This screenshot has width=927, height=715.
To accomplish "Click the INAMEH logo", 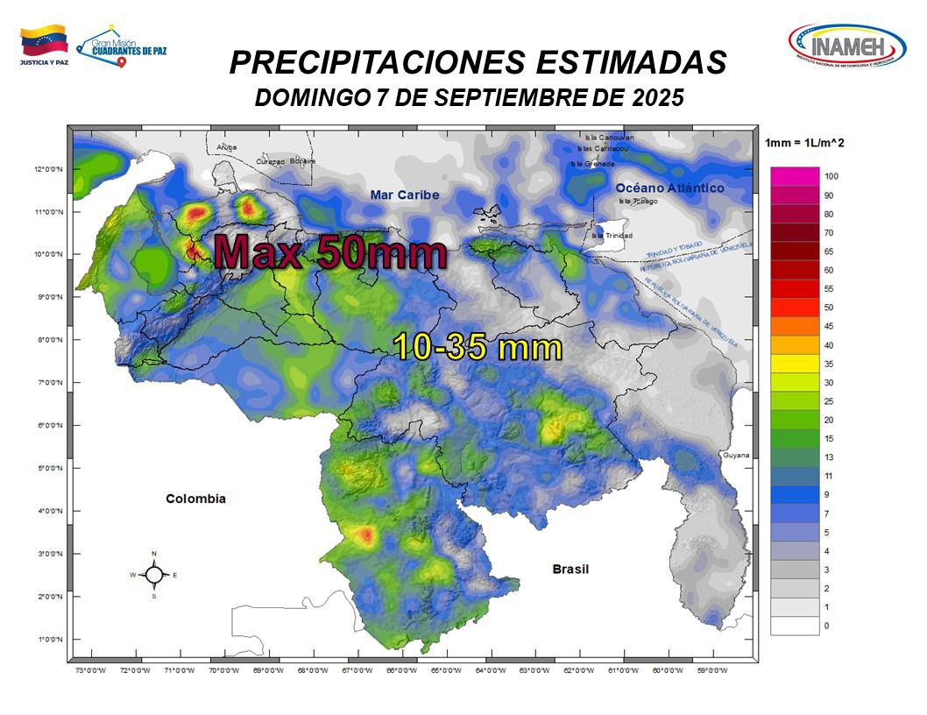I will (846, 44).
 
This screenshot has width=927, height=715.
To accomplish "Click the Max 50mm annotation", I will (331, 251).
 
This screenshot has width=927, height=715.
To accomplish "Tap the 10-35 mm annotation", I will (478, 348).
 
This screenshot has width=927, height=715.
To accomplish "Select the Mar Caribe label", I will (404, 195).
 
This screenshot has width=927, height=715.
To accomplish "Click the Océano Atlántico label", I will (669, 188).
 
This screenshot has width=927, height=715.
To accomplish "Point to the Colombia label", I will (196, 499).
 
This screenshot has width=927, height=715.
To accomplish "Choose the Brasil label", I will (570, 570).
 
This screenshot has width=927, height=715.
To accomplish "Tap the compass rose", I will (153, 575).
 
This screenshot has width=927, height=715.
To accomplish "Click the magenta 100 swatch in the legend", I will (795, 176).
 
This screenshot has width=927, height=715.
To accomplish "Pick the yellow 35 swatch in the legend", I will (795, 364).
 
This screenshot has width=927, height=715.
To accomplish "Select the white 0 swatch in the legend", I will (795, 626).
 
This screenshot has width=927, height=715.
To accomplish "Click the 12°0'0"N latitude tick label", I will (48, 169).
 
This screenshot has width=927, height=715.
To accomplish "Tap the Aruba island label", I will (227, 147).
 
